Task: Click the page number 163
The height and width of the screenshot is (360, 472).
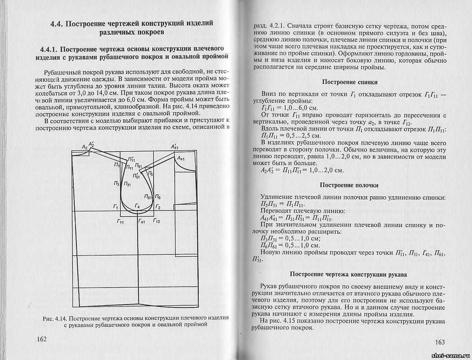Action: click(x=437, y=342)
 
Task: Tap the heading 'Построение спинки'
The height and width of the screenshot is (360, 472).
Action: click(x=350, y=82)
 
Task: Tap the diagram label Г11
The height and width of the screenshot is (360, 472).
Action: click(x=120, y=222)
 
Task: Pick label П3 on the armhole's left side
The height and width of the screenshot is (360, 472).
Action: click(x=116, y=184)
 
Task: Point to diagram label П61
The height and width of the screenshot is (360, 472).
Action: click(x=148, y=198)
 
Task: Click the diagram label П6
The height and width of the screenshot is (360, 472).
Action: click(x=158, y=197)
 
